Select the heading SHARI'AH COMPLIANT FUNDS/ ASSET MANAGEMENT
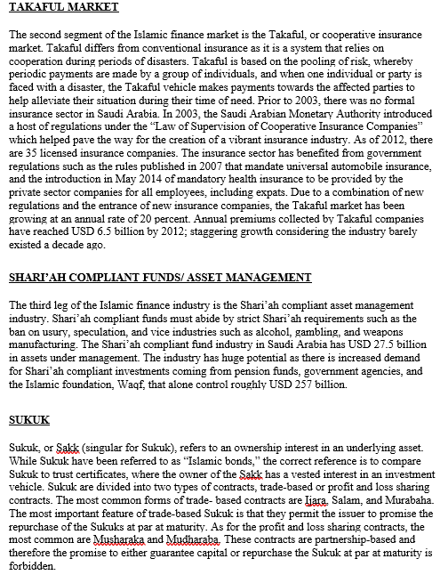pos(161,278)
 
